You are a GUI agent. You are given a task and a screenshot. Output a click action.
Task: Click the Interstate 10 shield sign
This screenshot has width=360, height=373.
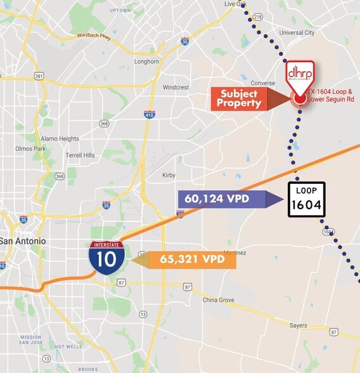click(x=103, y=257)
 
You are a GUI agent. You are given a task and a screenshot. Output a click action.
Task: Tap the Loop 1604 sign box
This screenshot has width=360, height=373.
click(x=307, y=199)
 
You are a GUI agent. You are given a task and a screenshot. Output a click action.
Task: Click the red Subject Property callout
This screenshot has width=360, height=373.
click(x=240, y=98)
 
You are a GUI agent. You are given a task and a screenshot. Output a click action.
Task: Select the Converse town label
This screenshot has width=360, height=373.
click(x=262, y=83)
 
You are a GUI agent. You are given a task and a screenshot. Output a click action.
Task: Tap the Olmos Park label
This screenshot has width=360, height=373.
click(x=29, y=149)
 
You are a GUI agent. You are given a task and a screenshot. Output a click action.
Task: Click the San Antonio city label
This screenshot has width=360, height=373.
click(x=23, y=241)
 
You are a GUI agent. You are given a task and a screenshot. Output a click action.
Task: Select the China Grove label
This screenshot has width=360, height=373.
click(x=219, y=300)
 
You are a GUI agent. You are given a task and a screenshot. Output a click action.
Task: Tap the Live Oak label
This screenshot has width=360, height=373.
click(x=235, y=4)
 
